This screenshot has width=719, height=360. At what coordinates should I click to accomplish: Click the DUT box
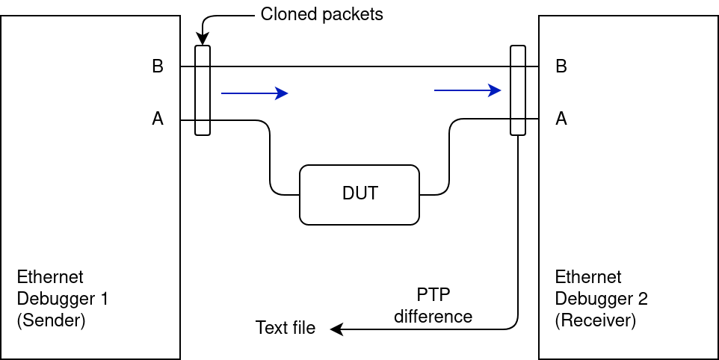pos(359,194)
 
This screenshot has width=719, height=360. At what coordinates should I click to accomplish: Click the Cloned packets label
pos(321,14)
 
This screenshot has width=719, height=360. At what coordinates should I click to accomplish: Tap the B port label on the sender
pos(158,66)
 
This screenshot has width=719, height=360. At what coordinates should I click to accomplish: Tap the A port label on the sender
pos(158,119)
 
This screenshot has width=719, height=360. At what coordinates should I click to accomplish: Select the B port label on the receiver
pos(561,66)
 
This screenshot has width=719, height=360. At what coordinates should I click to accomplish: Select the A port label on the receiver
pos(561,119)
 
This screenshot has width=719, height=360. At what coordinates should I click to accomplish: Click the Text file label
pos(286,328)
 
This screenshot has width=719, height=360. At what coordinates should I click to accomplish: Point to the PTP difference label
pos(433,305)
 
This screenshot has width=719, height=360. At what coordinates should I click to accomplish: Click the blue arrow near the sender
pos(254,93)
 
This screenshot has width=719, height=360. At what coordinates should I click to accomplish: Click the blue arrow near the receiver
pos(467,90)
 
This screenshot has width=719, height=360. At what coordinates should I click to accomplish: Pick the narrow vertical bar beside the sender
pos(203,90)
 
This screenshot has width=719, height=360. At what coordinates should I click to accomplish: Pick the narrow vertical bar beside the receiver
pos(518,90)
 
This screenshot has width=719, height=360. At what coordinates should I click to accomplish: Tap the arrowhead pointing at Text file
pos(336,329)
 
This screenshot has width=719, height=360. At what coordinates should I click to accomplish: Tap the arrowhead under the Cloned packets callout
pos(203,40)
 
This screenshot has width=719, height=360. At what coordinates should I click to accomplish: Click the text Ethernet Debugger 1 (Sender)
pos(63,299)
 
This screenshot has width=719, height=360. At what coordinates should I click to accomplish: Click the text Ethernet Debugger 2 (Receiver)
pos(601,299)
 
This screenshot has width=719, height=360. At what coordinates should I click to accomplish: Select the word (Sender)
pos(51,321)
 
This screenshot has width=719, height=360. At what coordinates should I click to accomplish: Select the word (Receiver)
pos(595,321)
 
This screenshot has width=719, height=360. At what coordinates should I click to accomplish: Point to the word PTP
pos(433,294)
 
